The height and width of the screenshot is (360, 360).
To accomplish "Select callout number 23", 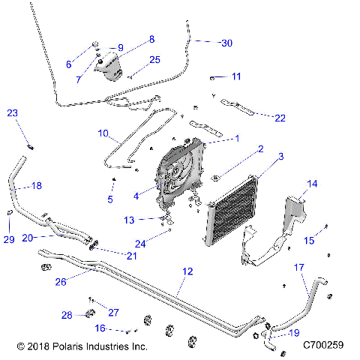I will point(12,113).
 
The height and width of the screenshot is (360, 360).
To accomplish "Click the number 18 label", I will point(36,184).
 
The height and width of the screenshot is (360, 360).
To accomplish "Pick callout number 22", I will point(280,117).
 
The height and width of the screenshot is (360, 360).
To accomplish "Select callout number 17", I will point(298,266).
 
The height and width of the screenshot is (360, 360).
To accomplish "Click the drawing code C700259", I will point(323,346).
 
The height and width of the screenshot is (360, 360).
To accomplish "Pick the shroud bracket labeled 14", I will point(294,214).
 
